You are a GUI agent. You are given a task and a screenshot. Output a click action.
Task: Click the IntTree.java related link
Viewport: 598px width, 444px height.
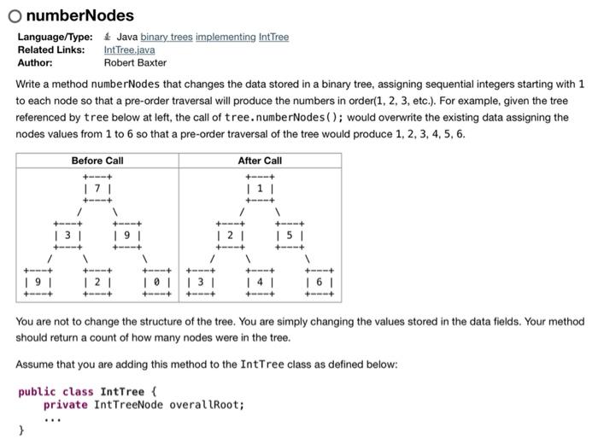click(130, 50)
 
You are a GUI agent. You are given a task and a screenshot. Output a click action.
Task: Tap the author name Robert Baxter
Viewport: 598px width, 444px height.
click(135, 62)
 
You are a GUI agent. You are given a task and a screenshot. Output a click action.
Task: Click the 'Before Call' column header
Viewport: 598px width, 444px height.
click(97, 161)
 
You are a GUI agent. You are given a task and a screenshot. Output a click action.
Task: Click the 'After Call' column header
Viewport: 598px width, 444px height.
click(260, 161)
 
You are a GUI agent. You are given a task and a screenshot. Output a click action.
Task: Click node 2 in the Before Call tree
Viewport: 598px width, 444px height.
click(97, 280)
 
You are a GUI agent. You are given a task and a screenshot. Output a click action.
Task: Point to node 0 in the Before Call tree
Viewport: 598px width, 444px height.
click(159, 280)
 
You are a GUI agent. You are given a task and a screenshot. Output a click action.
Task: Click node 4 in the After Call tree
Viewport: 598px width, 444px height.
click(260, 280)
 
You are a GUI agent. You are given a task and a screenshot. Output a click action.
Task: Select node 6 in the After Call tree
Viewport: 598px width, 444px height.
click(320, 280)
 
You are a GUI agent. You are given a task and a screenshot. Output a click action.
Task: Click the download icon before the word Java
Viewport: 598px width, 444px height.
click(107, 38)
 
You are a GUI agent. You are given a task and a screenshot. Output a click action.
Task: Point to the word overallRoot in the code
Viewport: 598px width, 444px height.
click(207, 404)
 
